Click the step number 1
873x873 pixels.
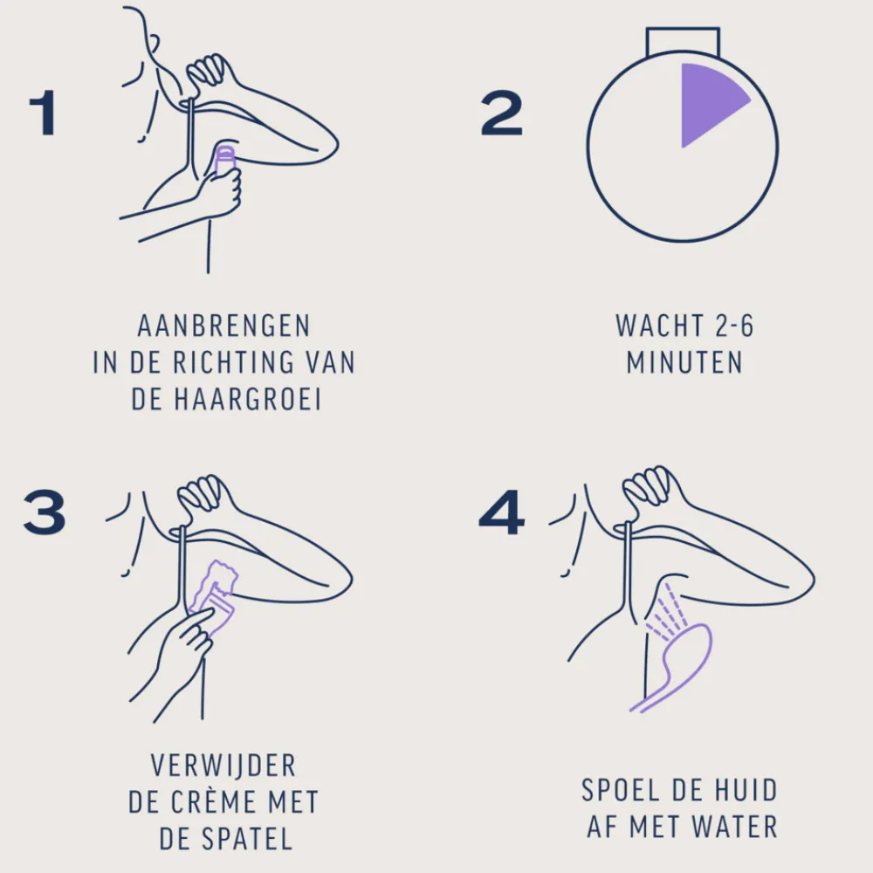[43, 113]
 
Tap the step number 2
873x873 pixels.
[501, 113]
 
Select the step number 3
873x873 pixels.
[45, 512]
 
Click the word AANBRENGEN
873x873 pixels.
[223, 327]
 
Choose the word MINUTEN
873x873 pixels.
[684, 363]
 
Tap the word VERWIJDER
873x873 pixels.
[223, 766]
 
